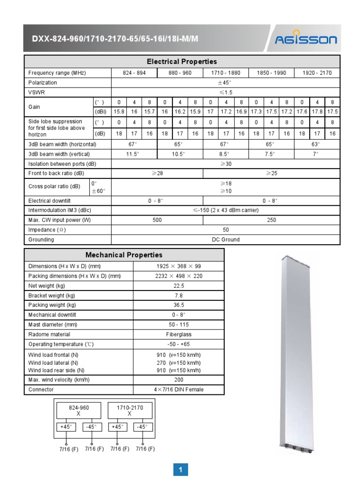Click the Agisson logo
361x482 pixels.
coord(306,39)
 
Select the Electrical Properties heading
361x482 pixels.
coord(182,62)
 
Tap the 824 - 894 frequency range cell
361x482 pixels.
coord(134,73)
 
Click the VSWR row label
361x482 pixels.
coord(36,92)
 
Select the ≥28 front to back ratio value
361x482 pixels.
coord(157,173)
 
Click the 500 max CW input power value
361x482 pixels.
coord(157,220)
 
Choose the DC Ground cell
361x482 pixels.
coord(226,240)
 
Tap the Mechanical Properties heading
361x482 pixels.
coord(124,255)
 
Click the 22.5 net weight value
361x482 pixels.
coord(179,286)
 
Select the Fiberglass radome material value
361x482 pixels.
coord(179,335)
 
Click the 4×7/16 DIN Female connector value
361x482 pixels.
coord(179,390)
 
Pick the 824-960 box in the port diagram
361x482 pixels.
coord(78,410)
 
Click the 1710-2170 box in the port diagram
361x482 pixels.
coord(130,410)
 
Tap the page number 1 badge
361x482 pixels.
coord(180,469)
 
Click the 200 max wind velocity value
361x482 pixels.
coord(179,380)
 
